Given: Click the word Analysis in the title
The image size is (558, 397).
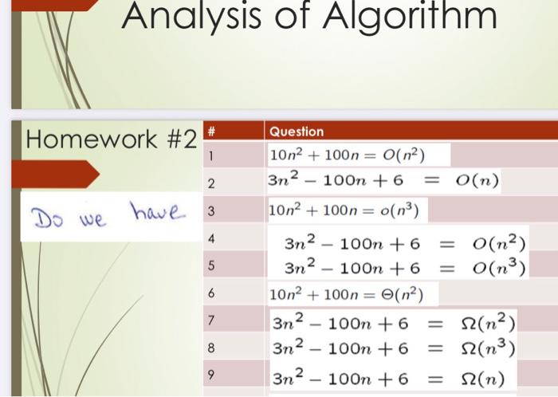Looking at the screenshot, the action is point(191,16).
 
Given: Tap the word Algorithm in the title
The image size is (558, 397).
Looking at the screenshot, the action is point(410,16).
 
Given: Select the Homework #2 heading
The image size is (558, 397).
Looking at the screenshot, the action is point(111,139).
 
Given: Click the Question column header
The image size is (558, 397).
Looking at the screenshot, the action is point(297,132).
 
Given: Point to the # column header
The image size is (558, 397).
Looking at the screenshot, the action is point(211,132).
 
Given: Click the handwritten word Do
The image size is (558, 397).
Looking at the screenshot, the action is point(47,218).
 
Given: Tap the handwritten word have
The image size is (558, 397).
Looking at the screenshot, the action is point(157,211).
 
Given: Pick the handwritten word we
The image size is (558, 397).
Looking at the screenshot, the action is point(93,219).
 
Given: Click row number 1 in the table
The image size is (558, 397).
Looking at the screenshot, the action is point(211,155).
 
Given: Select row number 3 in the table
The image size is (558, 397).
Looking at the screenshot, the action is point(211,211).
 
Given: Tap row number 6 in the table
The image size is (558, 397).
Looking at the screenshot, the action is point(211,293).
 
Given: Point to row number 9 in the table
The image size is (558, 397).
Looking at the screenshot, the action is point(211,375).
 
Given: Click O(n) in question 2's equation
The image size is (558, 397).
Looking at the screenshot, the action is point(477,181).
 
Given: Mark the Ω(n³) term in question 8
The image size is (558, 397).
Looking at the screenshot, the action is point(488,348).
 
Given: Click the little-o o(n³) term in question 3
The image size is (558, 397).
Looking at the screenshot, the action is point(399,210).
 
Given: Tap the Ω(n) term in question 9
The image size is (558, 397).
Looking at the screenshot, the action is point(482,379).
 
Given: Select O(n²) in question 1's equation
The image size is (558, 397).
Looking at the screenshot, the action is point(403,155).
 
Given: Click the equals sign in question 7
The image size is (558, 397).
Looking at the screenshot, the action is point(434,324).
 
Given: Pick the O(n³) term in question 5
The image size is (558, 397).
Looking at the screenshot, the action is point(499,268).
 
